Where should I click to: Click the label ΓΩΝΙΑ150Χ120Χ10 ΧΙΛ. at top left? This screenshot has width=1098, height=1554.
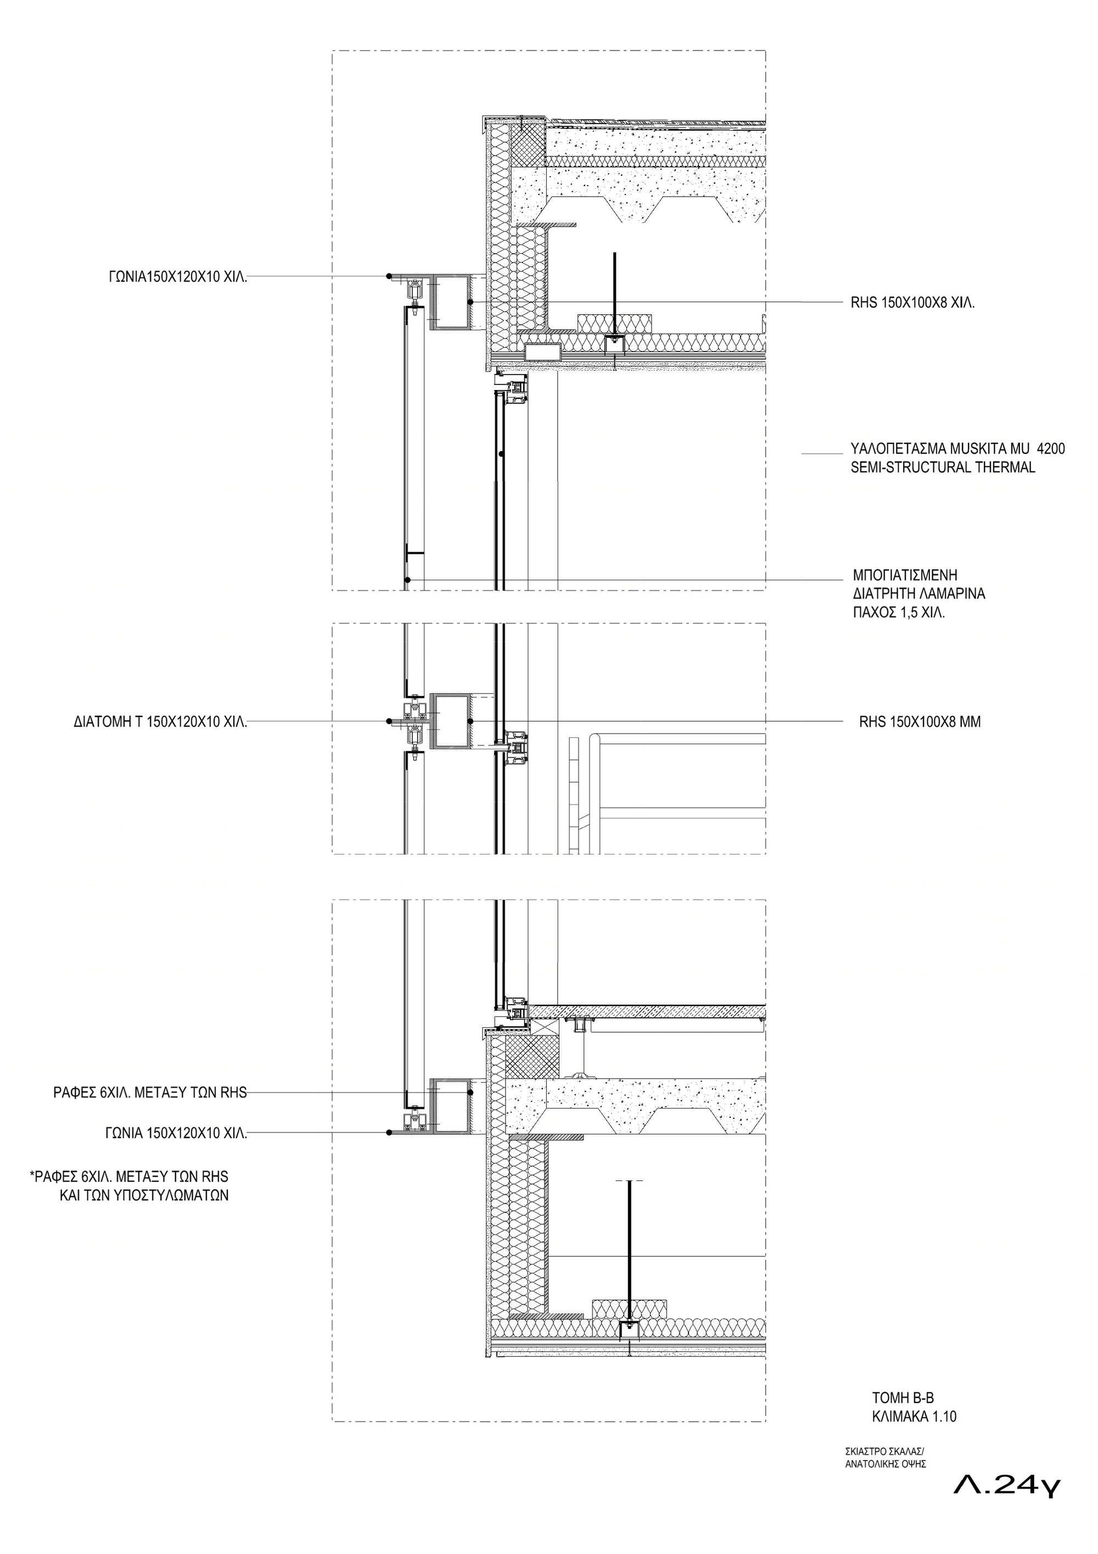coord(178,277)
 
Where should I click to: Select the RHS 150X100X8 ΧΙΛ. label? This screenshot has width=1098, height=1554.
coord(912,303)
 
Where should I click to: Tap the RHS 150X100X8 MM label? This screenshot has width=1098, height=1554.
coord(920,722)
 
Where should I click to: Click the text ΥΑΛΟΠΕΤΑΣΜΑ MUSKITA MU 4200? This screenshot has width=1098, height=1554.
coord(958,449)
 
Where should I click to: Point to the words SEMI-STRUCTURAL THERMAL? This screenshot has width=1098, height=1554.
coord(943,467)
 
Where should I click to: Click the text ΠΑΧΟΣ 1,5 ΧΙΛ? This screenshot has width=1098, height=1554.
coord(899,614)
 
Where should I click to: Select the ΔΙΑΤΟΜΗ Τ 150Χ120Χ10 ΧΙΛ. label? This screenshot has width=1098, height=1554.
coord(161,722)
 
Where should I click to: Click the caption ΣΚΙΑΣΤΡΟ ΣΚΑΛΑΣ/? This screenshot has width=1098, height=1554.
coord(884,1451)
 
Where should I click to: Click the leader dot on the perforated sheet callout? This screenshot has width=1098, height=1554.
coord(407,580)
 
